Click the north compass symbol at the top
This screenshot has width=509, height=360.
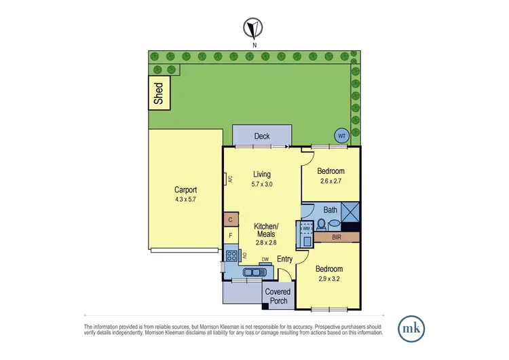coord(254,29)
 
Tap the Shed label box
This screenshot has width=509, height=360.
coord(159,93)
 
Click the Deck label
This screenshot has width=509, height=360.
coord(262,136)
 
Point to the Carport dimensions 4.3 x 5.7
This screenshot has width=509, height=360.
coord(185,200)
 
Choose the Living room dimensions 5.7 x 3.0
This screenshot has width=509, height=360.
coord(262,183)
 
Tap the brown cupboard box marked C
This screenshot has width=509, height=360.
coord(230,220)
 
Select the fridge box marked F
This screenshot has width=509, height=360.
coord(230,236)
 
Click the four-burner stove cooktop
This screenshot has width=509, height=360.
coord(231,256)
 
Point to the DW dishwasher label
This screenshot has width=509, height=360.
coord(265,259)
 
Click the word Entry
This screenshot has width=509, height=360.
coord(285,259)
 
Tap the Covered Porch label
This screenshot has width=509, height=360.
coord(277,296)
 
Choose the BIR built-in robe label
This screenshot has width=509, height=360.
coord(336,238)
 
